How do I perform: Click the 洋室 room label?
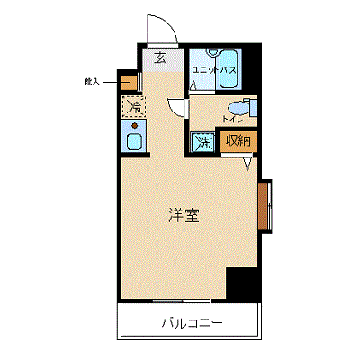pyautogui.click(x=184, y=216)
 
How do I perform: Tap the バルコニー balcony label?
pyautogui.click(x=193, y=323)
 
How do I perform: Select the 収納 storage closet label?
pyautogui.click(x=238, y=140)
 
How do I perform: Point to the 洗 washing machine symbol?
pyautogui.click(x=203, y=142)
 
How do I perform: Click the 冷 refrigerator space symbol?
pyautogui.click(x=134, y=106)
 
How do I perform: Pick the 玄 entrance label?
pyautogui.click(x=160, y=58)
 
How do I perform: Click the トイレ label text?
pyautogui.click(x=232, y=120)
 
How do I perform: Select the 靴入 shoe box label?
pyautogui.click(x=92, y=82)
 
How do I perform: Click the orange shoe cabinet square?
pyautogui.click(x=129, y=83)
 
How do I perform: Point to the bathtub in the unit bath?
pyautogui.click(x=229, y=69)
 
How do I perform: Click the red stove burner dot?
pyautogui.click(x=135, y=126)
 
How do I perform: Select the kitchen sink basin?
pyautogui.click(x=134, y=141)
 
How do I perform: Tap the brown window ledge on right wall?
pyautogui.click(x=263, y=206)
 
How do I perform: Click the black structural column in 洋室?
pyautogui.click(x=242, y=283)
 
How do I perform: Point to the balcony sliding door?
pyautogui.click(x=182, y=301)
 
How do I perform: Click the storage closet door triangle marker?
pyautogui.click(x=247, y=164)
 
